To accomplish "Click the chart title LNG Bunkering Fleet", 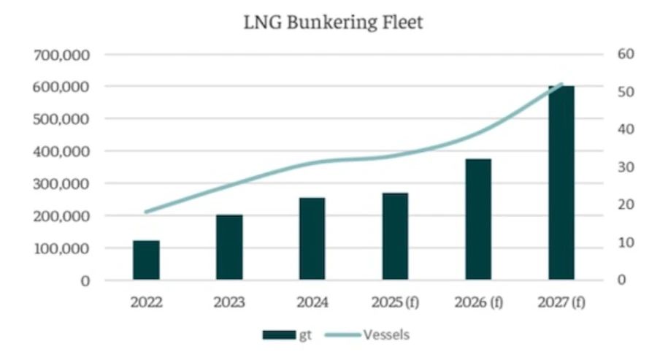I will [x=334, y=23].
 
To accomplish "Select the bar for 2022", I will [x=146, y=260].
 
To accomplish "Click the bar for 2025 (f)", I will [x=395, y=236].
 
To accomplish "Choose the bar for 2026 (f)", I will [x=478, y=219].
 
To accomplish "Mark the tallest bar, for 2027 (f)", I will [x=561, y=183].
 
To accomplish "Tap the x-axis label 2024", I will [x=312, y=302].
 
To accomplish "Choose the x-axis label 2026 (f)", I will [x=478, y=302].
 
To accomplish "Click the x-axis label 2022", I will [x=146, y=302].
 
